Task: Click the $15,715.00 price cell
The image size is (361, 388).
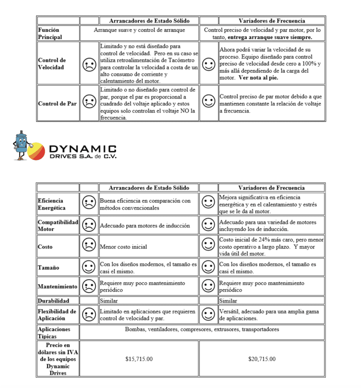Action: pos(139,359)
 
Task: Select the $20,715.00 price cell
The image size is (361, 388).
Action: pos(262,359)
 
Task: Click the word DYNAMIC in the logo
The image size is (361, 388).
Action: pos(83,149)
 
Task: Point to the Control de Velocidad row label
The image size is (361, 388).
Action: pos(52,64)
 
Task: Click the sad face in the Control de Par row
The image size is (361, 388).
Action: pos(89,103)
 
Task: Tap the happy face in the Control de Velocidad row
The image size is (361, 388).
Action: pos(209,64)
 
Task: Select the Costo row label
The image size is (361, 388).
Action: pos(45,247)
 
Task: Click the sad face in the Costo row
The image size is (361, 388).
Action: pos(89,246)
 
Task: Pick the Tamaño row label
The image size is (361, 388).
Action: pos(48,268)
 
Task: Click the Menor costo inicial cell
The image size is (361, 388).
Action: pos(123,247)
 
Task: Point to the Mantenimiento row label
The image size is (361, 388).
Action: pos(58,286)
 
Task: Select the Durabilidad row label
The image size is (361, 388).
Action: pos(53,301)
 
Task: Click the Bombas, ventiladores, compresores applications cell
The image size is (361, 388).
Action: pos(202,329)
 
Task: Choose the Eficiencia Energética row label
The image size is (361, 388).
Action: pos(52,204)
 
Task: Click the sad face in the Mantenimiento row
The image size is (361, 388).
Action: pos(89,286)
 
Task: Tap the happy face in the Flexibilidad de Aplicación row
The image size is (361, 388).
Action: pos(209,314)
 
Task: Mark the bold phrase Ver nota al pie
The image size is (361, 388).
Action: pos(258,78)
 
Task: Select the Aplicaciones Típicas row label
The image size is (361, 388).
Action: pos(54,333)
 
